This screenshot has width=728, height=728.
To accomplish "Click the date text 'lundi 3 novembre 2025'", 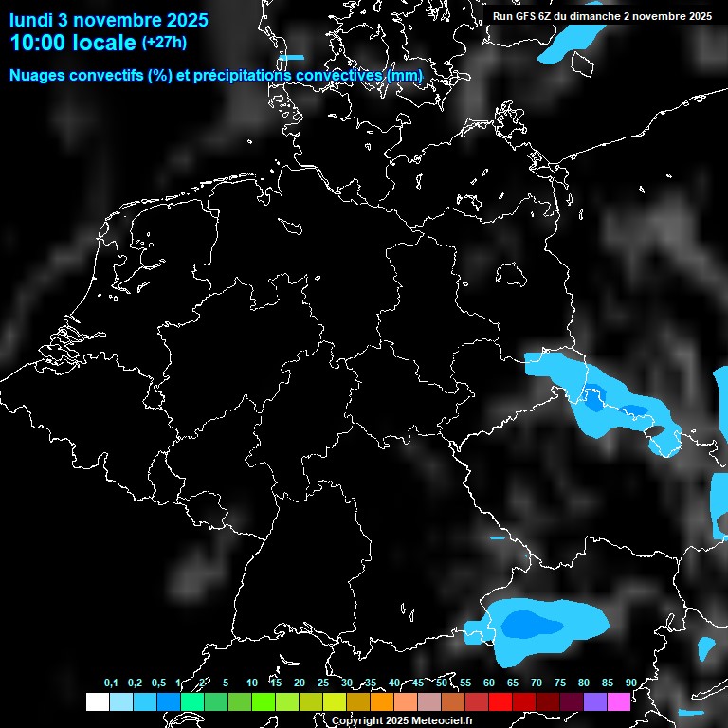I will point(109,20).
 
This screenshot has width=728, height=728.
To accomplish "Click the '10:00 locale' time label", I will point(73,43).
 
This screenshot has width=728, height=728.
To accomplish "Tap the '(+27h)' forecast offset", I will point(163,43).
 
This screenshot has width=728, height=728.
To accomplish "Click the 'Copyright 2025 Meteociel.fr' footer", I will point(402,720).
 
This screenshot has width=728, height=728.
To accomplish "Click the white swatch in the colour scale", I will point(97,702).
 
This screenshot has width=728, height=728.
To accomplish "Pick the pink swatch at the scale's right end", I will point(618,702).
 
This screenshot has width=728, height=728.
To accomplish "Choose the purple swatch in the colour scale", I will point(594,702).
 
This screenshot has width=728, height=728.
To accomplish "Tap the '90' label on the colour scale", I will point(630,683).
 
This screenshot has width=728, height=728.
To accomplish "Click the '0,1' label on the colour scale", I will point(111,683).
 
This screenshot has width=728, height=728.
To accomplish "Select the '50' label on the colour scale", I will point(442,683).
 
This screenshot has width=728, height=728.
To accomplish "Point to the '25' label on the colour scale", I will point(323,683).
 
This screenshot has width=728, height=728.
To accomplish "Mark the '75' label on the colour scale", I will point(560,683).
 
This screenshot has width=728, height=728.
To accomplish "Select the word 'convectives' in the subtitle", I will point(348,76).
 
